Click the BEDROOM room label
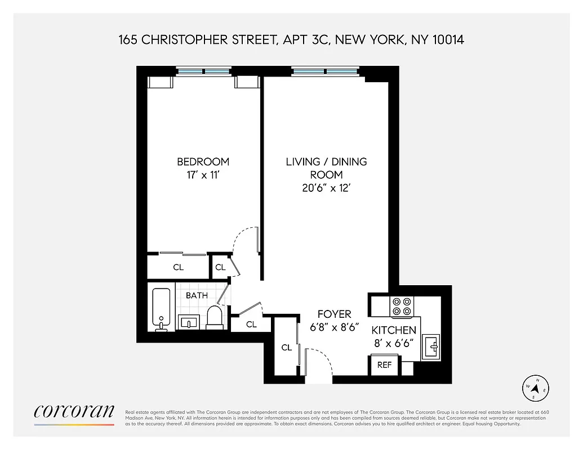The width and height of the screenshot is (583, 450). coord(203,161)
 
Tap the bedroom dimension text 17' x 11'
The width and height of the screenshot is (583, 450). coord(203,175)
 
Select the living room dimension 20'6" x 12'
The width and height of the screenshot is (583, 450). coord(326,188)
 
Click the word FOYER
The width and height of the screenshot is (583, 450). coord(334,314)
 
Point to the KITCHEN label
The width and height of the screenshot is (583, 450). coord(394,330)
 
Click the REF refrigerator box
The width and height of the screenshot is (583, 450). coord(384,365)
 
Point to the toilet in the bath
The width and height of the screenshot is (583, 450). coord(215,317)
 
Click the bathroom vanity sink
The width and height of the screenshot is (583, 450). coord(188,322)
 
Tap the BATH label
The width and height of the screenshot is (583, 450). coord(197,295)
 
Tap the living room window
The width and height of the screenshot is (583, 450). coord(325,71)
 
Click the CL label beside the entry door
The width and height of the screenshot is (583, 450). coord(287,348)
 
